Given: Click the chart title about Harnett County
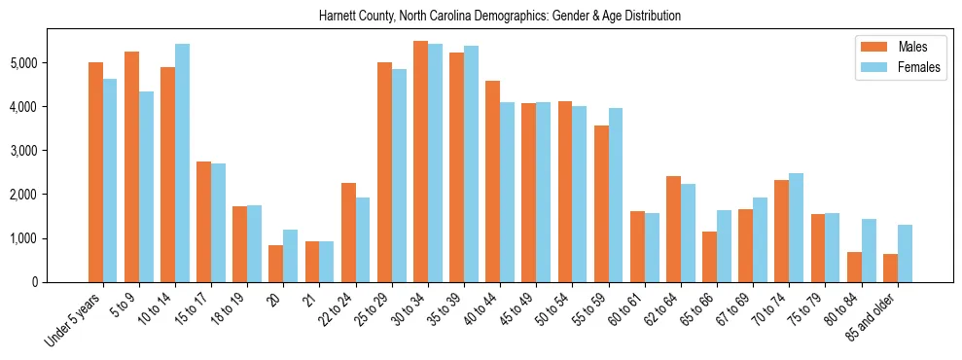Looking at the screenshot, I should tap(500, 17).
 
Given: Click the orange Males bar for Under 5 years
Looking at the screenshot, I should tap(95, 172).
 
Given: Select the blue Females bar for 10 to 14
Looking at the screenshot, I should tap(183, 162).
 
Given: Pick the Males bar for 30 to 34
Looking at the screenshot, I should tap(420, 162).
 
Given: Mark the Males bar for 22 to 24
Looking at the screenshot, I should tap(348, 233).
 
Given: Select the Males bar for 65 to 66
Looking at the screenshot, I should tap(709, 257).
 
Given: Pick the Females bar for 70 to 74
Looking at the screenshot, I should tap(796, 228).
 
